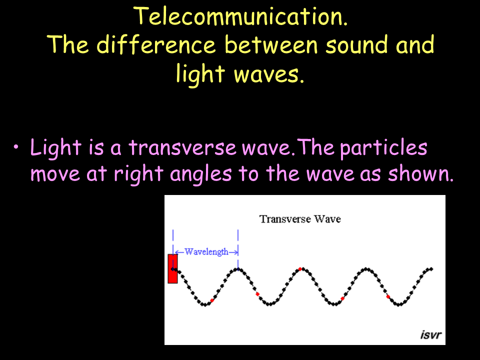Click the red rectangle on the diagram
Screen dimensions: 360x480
coord(172,268)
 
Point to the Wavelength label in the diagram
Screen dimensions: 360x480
coord(206,251)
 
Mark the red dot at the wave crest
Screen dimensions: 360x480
coord(300,269)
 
